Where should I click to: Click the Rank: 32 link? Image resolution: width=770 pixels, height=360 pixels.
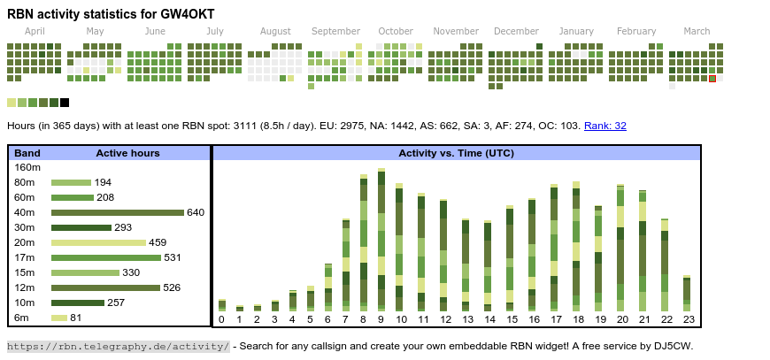605,126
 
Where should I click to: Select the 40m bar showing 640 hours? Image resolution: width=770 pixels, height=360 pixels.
117,212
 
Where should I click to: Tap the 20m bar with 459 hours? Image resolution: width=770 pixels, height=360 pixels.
98,242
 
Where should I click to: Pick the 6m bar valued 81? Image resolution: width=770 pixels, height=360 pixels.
59,318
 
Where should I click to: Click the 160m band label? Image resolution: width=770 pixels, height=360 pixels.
27,167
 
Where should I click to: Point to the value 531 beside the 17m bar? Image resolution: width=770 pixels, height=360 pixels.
173,257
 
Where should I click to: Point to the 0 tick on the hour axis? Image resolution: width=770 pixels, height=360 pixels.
221,319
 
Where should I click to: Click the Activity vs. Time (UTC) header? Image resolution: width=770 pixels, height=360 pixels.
456,153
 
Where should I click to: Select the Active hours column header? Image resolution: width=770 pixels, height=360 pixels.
127,153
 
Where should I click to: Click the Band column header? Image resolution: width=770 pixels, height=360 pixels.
27,153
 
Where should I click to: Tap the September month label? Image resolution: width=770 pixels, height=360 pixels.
335,31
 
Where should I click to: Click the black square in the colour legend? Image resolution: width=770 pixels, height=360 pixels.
65,103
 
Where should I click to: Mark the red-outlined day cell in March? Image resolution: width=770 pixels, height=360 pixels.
712,79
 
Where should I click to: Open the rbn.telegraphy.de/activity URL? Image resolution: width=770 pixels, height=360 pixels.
119,346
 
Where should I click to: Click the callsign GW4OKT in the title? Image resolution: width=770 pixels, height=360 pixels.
183,14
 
